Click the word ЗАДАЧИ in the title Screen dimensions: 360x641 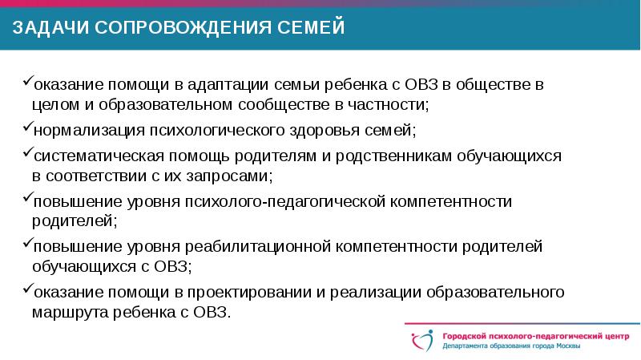(49, 30)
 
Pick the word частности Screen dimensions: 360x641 (391, 105)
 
